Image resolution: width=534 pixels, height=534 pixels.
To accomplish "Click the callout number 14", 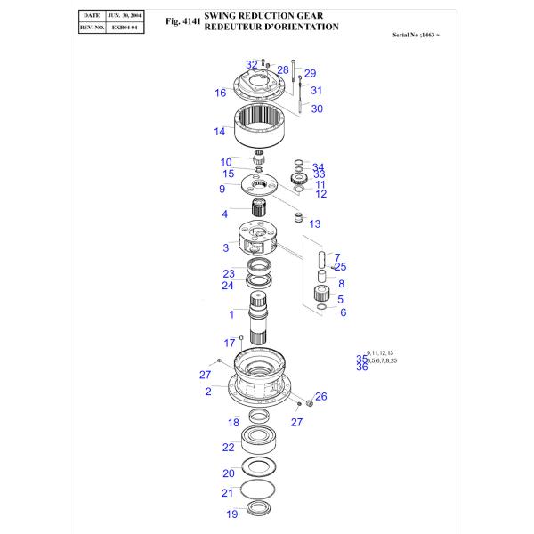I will [219, 133].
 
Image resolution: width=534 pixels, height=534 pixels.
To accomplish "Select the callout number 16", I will [220, 93].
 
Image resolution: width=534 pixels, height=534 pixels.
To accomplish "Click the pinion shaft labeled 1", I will [260, 317].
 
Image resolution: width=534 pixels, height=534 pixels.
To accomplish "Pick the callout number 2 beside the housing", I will [208, 391].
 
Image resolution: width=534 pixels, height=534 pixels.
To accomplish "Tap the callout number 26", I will [320, 396].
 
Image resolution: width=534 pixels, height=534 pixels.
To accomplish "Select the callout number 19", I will [231, 514].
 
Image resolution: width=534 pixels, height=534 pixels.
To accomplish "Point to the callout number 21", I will [227, 493].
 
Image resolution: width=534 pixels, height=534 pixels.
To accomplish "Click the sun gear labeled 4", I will [260, 213].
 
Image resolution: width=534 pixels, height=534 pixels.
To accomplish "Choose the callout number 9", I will [222, 189].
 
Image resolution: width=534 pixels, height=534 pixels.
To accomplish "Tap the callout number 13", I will [314, 223].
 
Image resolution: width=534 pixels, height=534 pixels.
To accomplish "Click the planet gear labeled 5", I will [321, 296].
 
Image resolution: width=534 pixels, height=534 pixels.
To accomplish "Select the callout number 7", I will [336, 257].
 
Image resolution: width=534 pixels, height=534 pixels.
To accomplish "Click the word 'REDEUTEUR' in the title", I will [234, 28].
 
